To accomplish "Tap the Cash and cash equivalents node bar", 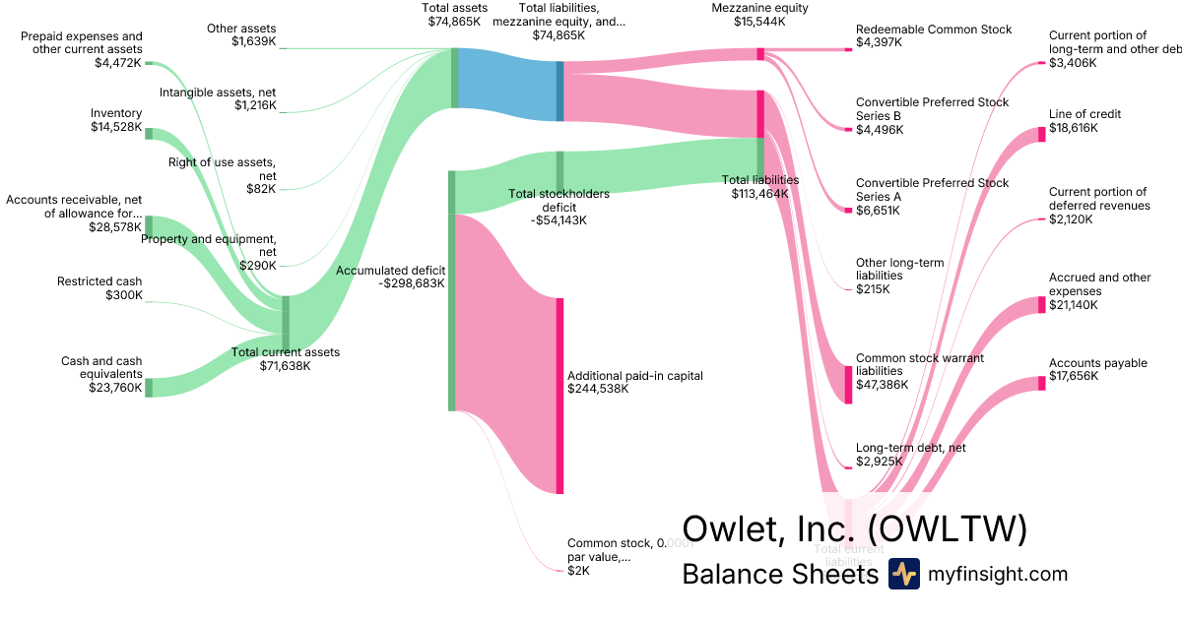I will tap(149, 387).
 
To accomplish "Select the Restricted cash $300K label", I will tap(99, 288).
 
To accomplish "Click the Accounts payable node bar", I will tap(1042, 383).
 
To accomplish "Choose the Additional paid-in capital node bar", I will tap(559, 395).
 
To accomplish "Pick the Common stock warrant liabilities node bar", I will tap(849, 384).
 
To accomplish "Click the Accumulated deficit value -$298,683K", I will tap(412, 283).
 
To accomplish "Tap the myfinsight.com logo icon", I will tap(903, 574).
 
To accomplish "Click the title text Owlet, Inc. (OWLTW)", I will tap(854, 528).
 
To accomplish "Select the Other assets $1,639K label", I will tap(241, 34).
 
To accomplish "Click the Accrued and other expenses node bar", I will tap(1042, 305).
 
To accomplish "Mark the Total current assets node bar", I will tap(286, 323).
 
